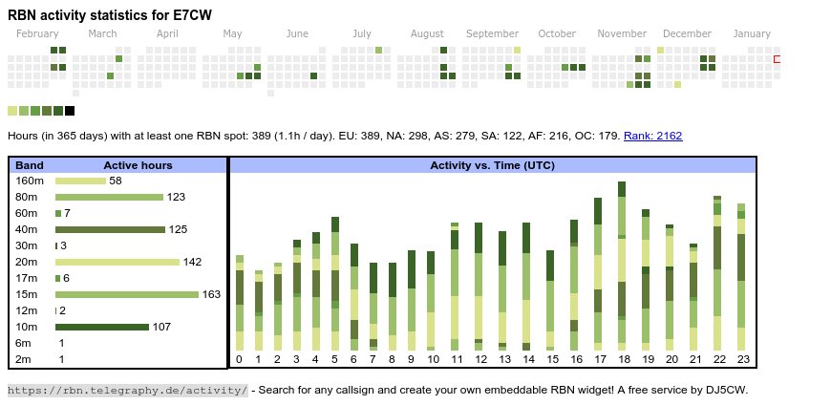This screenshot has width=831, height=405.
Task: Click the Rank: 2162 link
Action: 652,136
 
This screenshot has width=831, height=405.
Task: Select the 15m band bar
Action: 127,294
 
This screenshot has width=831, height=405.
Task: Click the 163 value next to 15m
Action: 211,294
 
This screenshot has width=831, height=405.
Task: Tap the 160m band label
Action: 30,181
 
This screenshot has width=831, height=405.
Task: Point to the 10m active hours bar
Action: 102,327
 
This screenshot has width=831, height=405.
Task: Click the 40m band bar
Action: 110,229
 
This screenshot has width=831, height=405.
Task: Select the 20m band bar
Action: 117,262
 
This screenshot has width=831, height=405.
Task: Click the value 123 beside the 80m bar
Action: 176,197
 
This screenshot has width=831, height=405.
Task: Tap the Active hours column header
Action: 138,165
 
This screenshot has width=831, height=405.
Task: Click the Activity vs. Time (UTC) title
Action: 492,165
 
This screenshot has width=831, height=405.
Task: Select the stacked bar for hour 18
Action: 622,266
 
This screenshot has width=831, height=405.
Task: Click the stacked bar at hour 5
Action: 335,284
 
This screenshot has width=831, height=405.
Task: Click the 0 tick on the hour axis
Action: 239,359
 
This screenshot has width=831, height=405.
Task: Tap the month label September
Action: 492,34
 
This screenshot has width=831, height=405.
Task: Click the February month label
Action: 37,34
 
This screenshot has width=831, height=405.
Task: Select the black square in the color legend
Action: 70,111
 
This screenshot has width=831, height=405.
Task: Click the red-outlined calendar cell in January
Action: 778,59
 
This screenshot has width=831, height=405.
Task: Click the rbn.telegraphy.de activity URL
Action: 127,390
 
